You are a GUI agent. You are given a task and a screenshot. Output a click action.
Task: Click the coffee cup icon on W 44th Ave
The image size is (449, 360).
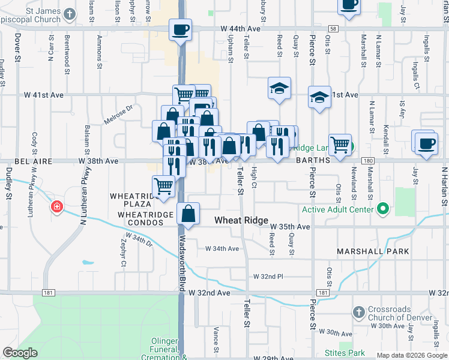(x=181, y=29)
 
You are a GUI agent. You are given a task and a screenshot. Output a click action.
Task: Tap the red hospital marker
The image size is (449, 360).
(x=57, y=207)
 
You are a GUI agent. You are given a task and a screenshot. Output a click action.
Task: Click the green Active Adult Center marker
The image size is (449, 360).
(x=383, y=209)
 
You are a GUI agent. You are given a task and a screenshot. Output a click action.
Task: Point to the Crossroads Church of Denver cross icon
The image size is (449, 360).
(x=358, y=313)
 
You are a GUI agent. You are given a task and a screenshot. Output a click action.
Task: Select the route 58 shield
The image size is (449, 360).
(x=333, y=28)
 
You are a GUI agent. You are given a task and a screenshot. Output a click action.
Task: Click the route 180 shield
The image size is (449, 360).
(x=368, y=161)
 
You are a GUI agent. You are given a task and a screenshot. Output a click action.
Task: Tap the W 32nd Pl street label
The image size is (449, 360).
(x=268, y=276)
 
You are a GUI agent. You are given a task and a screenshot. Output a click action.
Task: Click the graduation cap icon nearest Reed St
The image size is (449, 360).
(x=279, y=89)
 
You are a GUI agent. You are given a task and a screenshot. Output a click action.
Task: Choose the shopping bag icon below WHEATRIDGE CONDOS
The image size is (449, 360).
(x=188, y=214)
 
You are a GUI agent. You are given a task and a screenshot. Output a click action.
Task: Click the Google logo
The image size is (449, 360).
(x=20, y=353)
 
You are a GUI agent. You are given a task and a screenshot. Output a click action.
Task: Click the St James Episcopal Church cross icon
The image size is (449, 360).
(x=70, y=13)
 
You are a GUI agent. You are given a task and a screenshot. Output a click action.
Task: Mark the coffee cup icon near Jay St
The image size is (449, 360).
(x=426, y=143)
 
